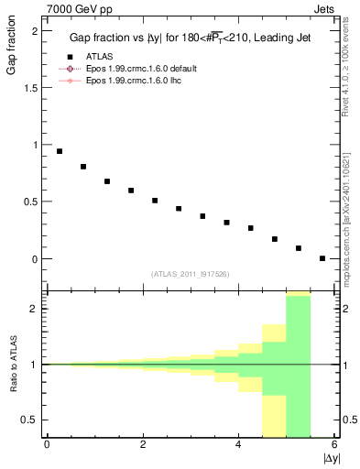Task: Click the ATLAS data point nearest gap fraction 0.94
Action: click(60, 151)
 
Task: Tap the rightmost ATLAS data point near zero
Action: click(322, 258)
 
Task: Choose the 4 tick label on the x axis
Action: click(238, 444)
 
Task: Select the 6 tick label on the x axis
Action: click(334, 444)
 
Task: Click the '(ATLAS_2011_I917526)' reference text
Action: click(190, 274)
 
